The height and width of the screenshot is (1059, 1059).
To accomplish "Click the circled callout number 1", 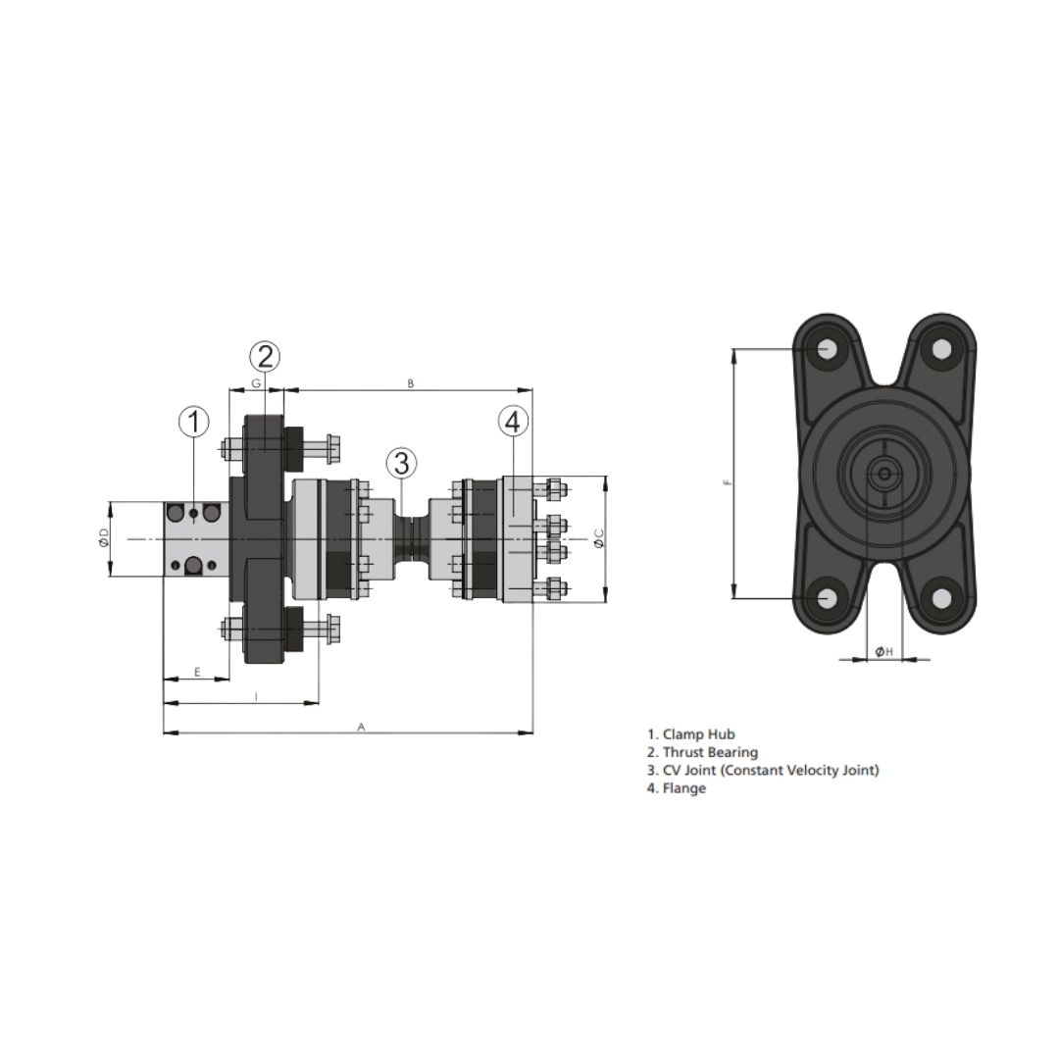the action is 194,422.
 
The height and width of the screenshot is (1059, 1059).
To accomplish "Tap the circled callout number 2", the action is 265,356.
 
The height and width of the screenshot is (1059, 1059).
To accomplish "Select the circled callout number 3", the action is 402,464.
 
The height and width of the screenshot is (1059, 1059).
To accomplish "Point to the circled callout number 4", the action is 513,422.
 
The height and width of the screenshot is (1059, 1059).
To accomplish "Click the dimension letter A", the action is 361,727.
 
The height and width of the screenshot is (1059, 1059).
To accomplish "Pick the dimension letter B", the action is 411,383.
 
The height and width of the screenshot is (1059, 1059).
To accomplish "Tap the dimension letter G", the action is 256,383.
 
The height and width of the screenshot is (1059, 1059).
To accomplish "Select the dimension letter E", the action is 197,672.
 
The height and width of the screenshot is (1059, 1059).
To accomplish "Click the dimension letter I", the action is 256,697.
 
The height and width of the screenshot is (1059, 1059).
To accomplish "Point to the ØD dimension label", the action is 103,538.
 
